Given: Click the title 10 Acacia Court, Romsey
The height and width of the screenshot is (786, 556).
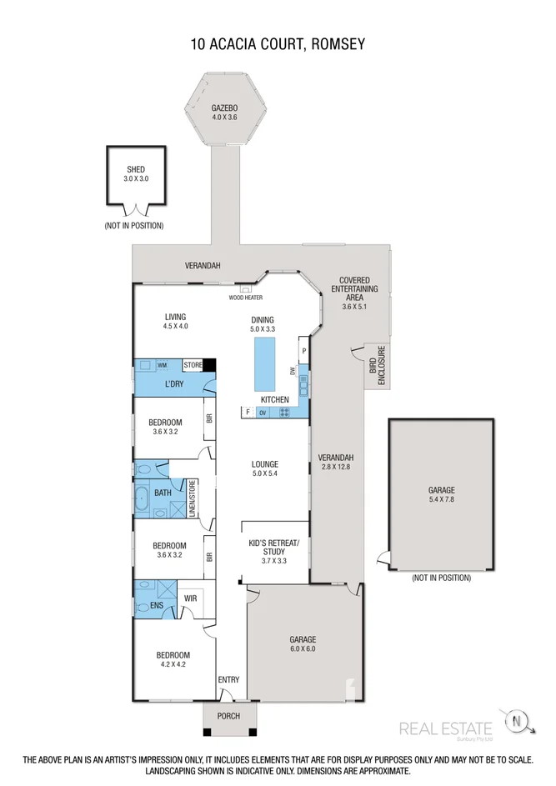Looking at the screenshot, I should pyautogui.click(x=278, y=43).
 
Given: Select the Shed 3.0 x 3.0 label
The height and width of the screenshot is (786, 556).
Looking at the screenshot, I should pyautogui.click(x=135, y=174).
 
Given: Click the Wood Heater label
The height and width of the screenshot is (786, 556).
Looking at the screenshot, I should pyautogui.click(x=246, y=297).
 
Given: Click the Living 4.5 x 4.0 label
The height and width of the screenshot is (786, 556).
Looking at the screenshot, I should pyautogui.click(x=175, y=321).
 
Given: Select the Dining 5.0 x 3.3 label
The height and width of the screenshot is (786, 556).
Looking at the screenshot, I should pyautogui.click(x=263, y=324).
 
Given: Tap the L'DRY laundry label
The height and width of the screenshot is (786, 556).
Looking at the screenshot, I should pyautogui.click(x=173, y=383).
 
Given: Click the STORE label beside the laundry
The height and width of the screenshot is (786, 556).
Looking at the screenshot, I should pyautogui.click(x=193, y=364).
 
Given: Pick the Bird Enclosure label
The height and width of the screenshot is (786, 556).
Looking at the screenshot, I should pyautogui.click(x=378, y=368).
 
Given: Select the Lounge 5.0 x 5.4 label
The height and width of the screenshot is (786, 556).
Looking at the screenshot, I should pyautogui.click(x=265, y=469).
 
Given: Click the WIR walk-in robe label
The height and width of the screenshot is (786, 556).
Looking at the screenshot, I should pyautogui.click(x=190, y=598).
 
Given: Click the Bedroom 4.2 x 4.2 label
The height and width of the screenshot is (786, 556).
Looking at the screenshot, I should pyautogui.click(x=171, y=659).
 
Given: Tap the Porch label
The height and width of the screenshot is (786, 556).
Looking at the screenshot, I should pyautogui.click(x=228, y=716).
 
